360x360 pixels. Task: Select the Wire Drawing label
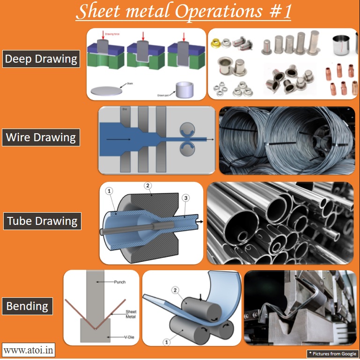click(41, 137)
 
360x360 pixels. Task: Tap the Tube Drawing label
click(42, 221)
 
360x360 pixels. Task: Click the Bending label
click(27, 307)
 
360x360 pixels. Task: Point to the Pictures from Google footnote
click(332, 353)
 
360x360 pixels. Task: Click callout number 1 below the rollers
click(165, 342)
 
